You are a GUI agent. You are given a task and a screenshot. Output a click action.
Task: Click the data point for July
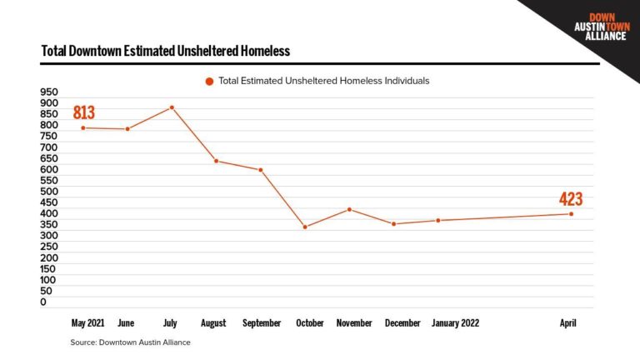pyautogui.click(x=172, y=107)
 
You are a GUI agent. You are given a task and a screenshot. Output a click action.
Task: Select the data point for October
pyautogui.click(x=305, y=227)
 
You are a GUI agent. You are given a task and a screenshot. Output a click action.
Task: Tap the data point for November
pyautogui.click(x=349, y=209)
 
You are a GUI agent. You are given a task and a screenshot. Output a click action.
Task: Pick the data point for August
pyautogui.click(x=217, y=161)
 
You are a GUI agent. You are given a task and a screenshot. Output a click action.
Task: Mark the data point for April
pyautogui.click(x=571, y=214)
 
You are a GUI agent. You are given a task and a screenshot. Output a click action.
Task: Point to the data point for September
pyautogui.click(x=261, y=170)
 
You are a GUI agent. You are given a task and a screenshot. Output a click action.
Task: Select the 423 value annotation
pyautogui.click(x=571, y=199)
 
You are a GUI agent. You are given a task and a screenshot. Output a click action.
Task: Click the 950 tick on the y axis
pyautogui.click(x=49, y=92)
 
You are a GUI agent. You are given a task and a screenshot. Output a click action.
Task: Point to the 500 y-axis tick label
pyautogui.click(x=49, y=192)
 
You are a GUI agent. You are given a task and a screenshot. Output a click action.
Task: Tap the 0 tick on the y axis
pyautogui.click(x=43, y=302)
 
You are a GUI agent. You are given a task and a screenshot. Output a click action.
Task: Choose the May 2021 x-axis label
pyautogui.click(x=88, y=322)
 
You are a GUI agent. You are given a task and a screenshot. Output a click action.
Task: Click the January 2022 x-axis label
pyautogui.click(x=455, y=322)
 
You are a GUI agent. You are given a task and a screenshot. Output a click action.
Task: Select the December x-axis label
pyautogui.click(x=402, y=322)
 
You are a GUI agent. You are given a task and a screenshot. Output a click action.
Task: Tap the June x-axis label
pyautogui.click(x=127, y=322)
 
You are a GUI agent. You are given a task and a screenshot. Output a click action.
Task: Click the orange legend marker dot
pyautogui.click(x=209, y=82)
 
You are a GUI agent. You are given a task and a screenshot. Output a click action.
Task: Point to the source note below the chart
pyautogui.click(x=130, y=342)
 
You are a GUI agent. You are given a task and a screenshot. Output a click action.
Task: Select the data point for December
pyautogui.click(x=393, y=224)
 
